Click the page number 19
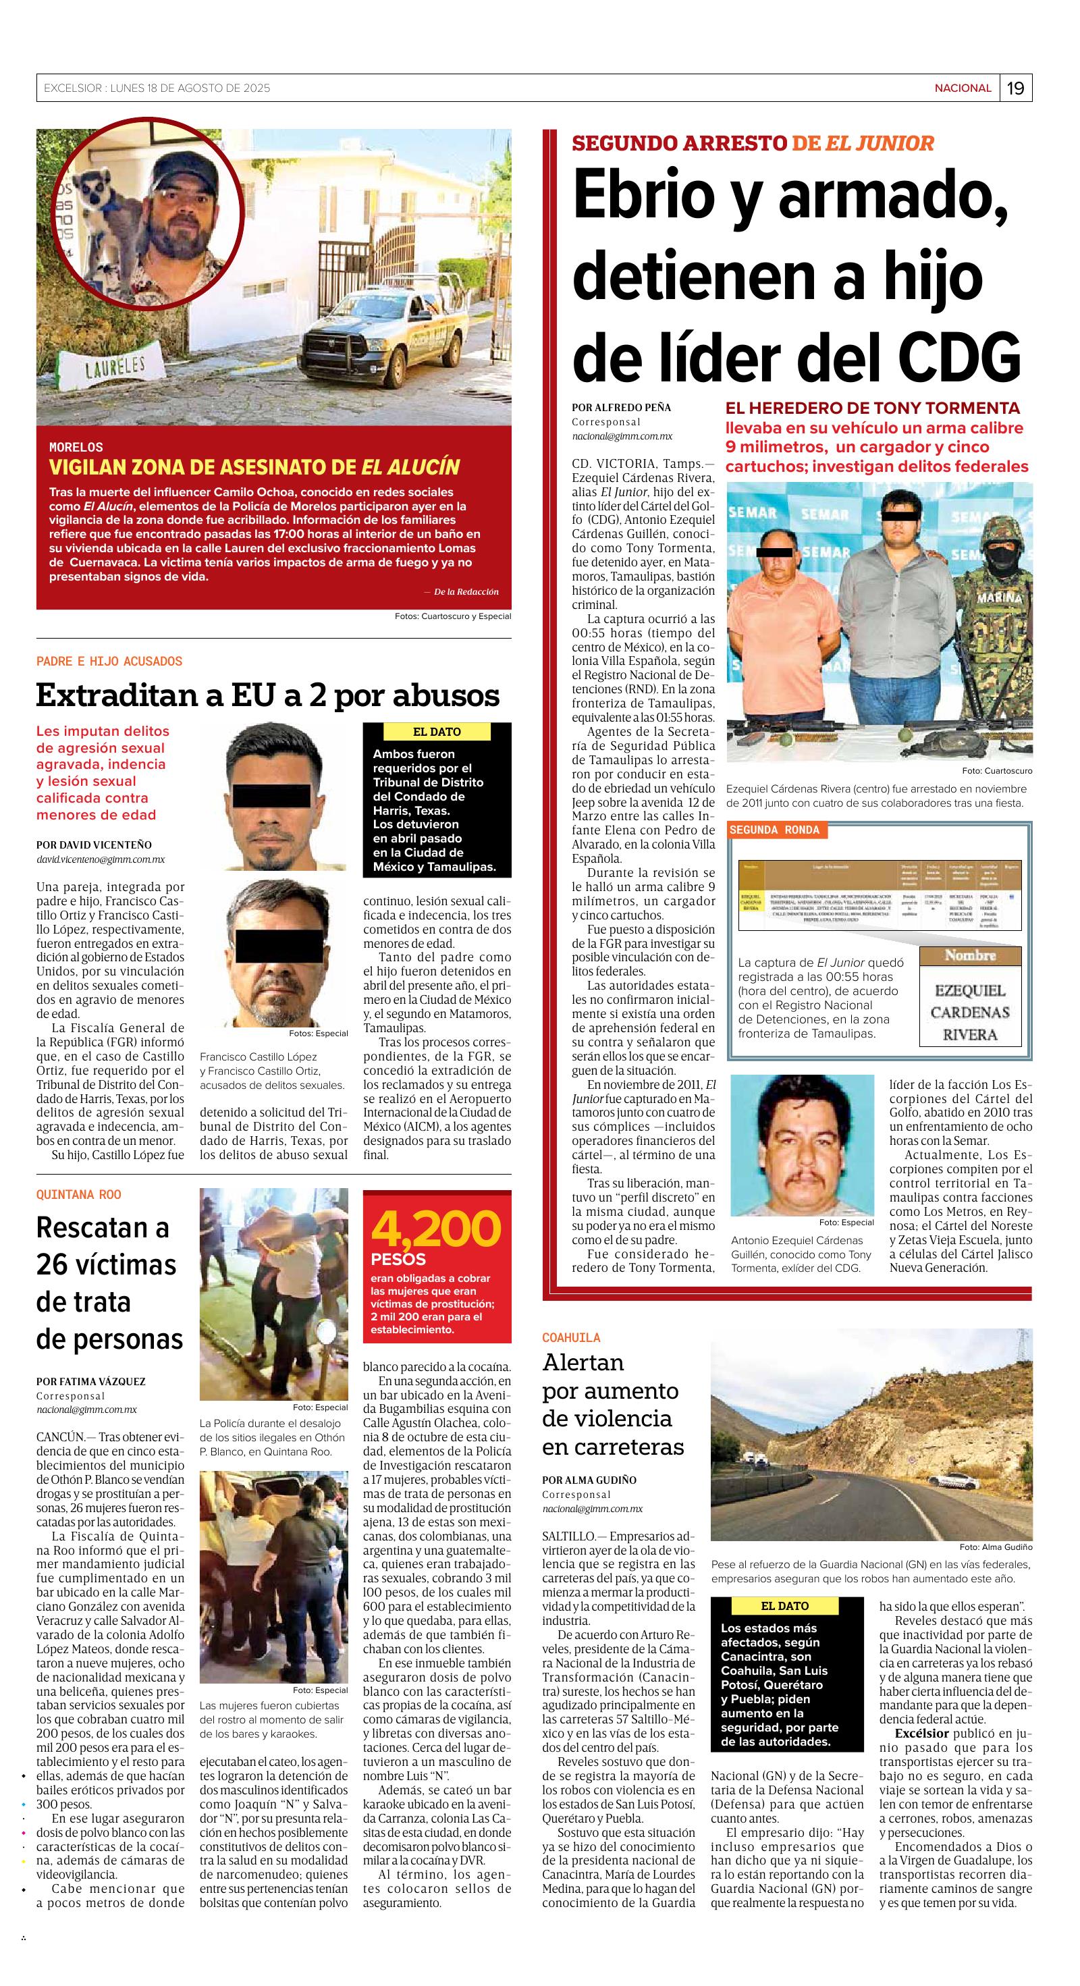[1015, 88]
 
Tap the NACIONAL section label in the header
[963, 88]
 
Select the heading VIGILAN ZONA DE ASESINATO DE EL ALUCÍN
[254, 466]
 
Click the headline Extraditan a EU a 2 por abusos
[267, 695]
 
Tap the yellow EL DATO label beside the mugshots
[437, 732]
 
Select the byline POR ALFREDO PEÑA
[621, 407]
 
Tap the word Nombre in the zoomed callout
[970, 955]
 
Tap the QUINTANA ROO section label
[78, 1194]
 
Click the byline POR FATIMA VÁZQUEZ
[90, 1382]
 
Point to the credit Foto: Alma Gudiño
[995, 1547]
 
